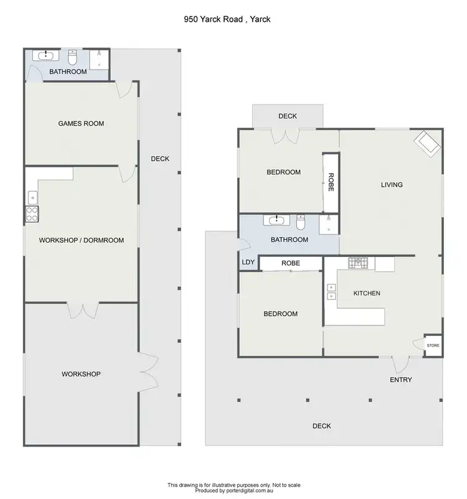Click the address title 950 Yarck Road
[227, 19]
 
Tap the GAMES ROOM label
[81, 124]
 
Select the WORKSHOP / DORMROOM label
[81, 240]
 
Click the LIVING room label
[392, 185]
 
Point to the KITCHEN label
[367, 293]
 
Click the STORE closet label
[433, 345]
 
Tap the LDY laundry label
[248, 263]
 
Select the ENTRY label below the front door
[400, 380]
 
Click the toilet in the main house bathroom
[301, 222]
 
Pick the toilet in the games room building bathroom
[72, 58]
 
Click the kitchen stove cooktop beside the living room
[359, 263]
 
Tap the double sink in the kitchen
[331, 292]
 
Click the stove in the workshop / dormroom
[32, 214]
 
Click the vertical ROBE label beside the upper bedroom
[331, 181]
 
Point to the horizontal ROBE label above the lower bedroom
[291, 263]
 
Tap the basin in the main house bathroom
[275, 220]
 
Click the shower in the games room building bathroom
[100, 58]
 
